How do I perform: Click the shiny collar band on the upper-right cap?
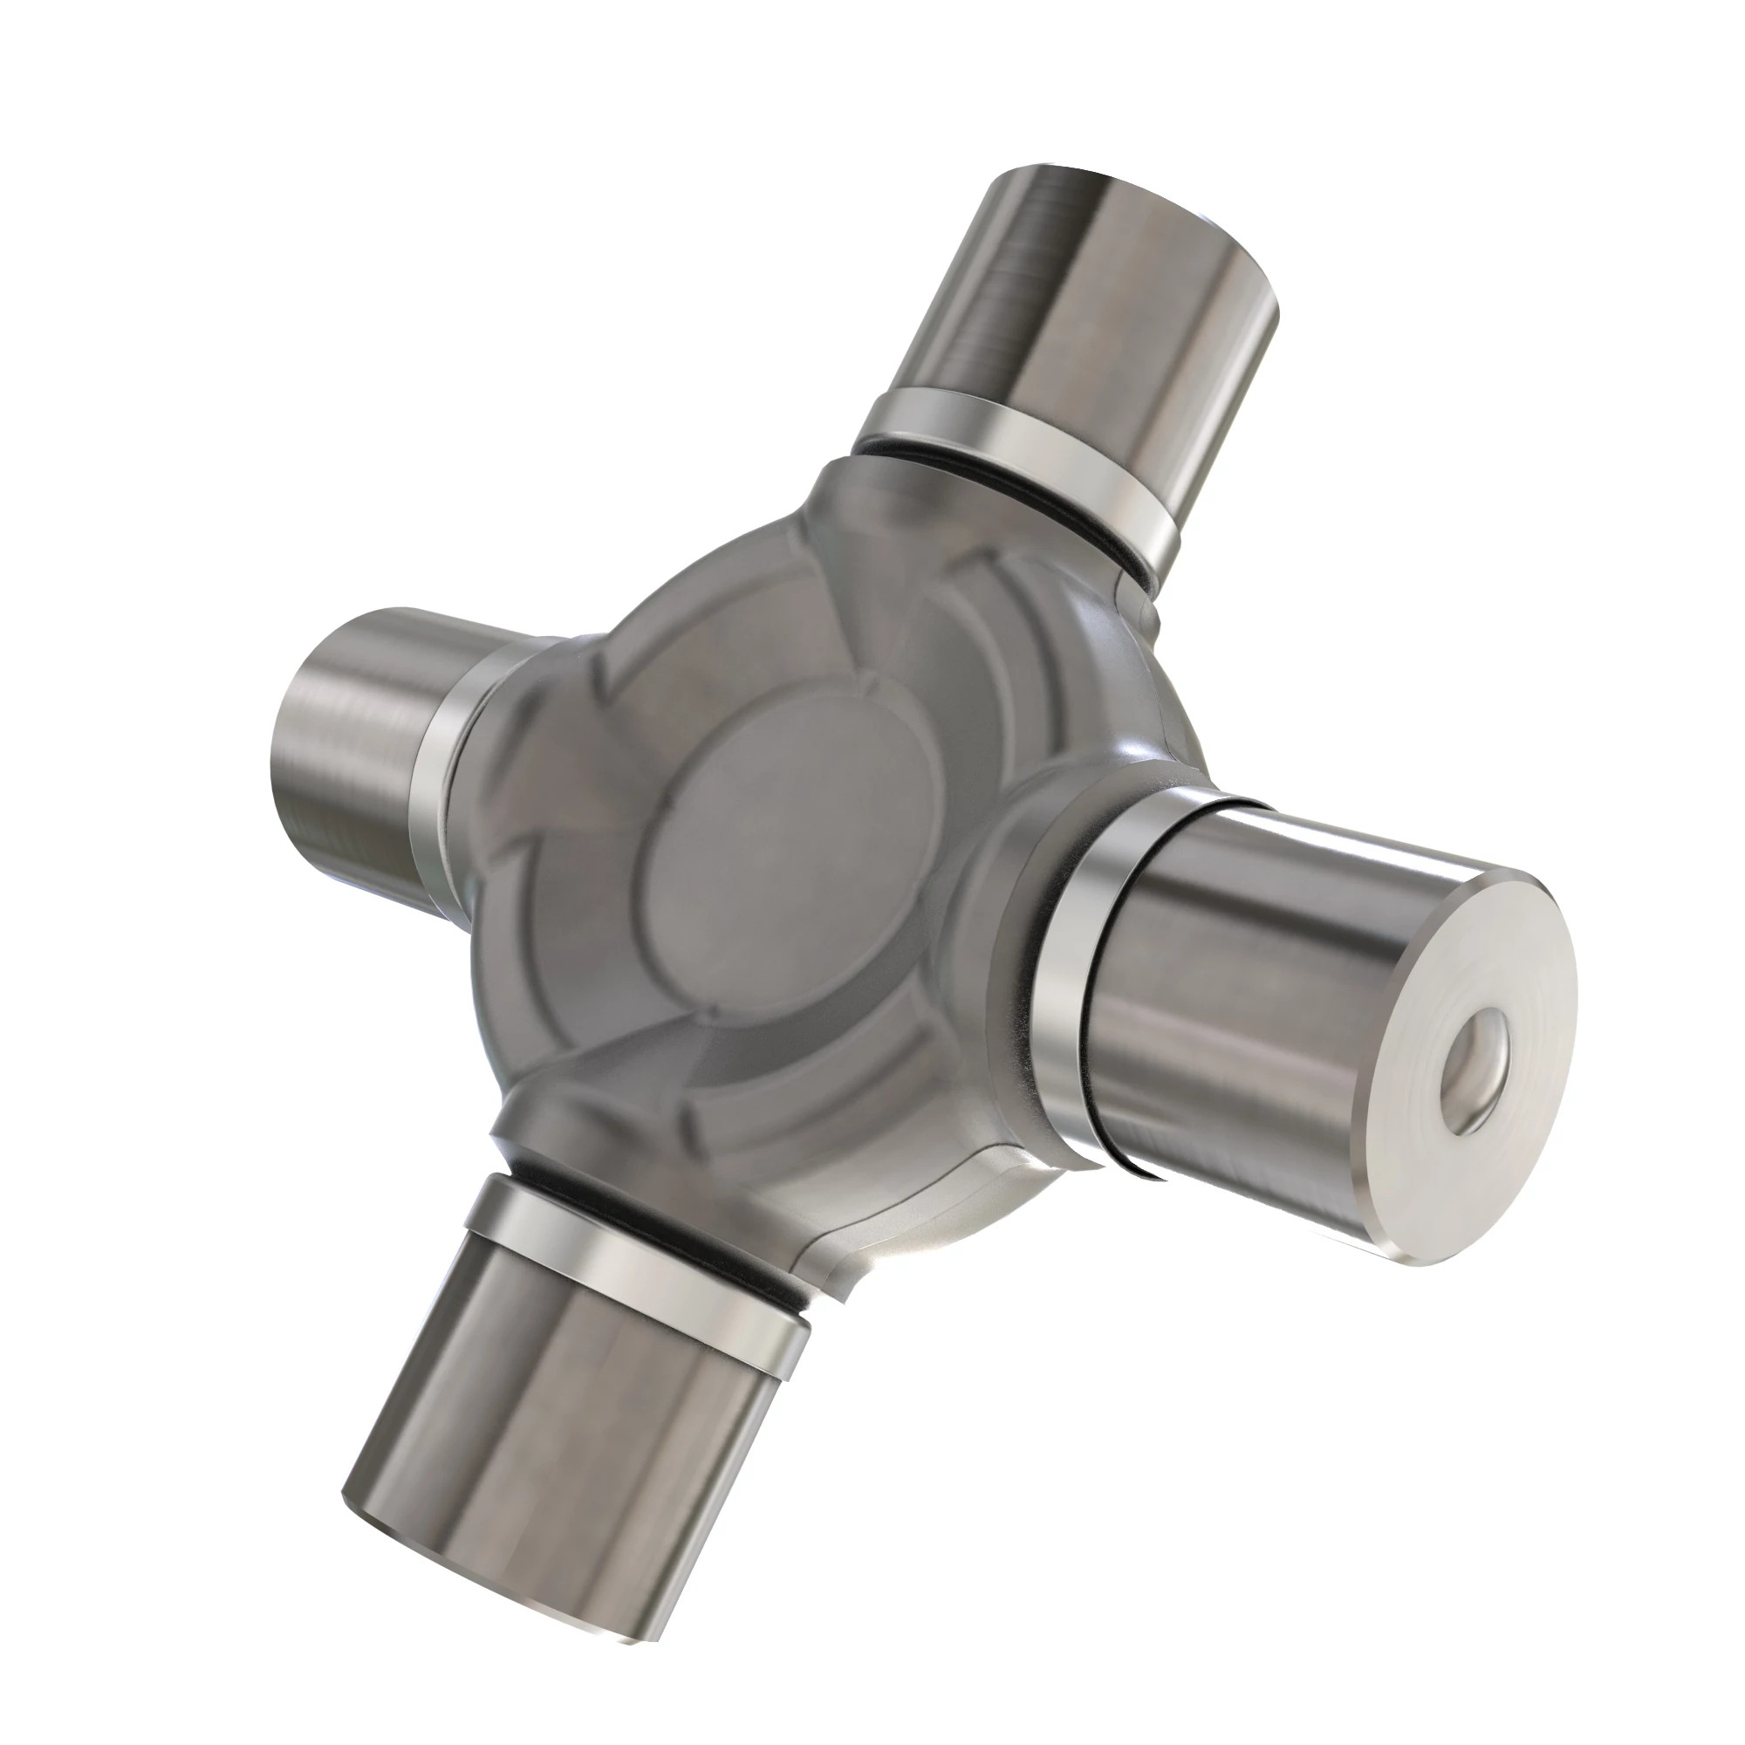click(x=1021, y=452)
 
